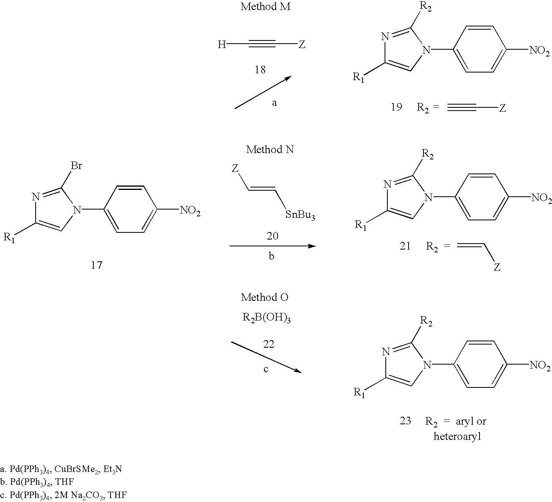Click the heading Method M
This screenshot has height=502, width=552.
(x=266, y=6)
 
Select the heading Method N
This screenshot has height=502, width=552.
(x=270, y=149)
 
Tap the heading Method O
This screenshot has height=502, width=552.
(x=265, y=297)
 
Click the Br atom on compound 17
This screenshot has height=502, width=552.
(x=76, y=165)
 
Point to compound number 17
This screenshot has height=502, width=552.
(x=97, y=265)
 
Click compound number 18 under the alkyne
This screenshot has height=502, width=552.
(x=260, y=70)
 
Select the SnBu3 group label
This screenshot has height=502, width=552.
(x=300, y=215)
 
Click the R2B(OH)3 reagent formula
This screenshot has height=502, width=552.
(x=266, y=318)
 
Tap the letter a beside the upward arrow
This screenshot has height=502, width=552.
(x=274, y=103)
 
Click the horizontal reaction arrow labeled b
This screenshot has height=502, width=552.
(x=273, y=246)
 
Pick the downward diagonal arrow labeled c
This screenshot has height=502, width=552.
(x=266, y=357)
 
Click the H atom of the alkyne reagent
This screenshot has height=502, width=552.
(x=222, y=44)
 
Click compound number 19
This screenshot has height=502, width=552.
(x=397, y=107)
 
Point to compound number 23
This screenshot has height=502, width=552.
(x=405, y=421)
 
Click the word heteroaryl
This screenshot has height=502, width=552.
(x=457, y=437)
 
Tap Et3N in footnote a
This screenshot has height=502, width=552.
(x=113, y=469)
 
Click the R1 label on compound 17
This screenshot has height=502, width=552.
(x=9, y=238)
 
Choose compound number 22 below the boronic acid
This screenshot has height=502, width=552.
(x=269, y=344)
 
